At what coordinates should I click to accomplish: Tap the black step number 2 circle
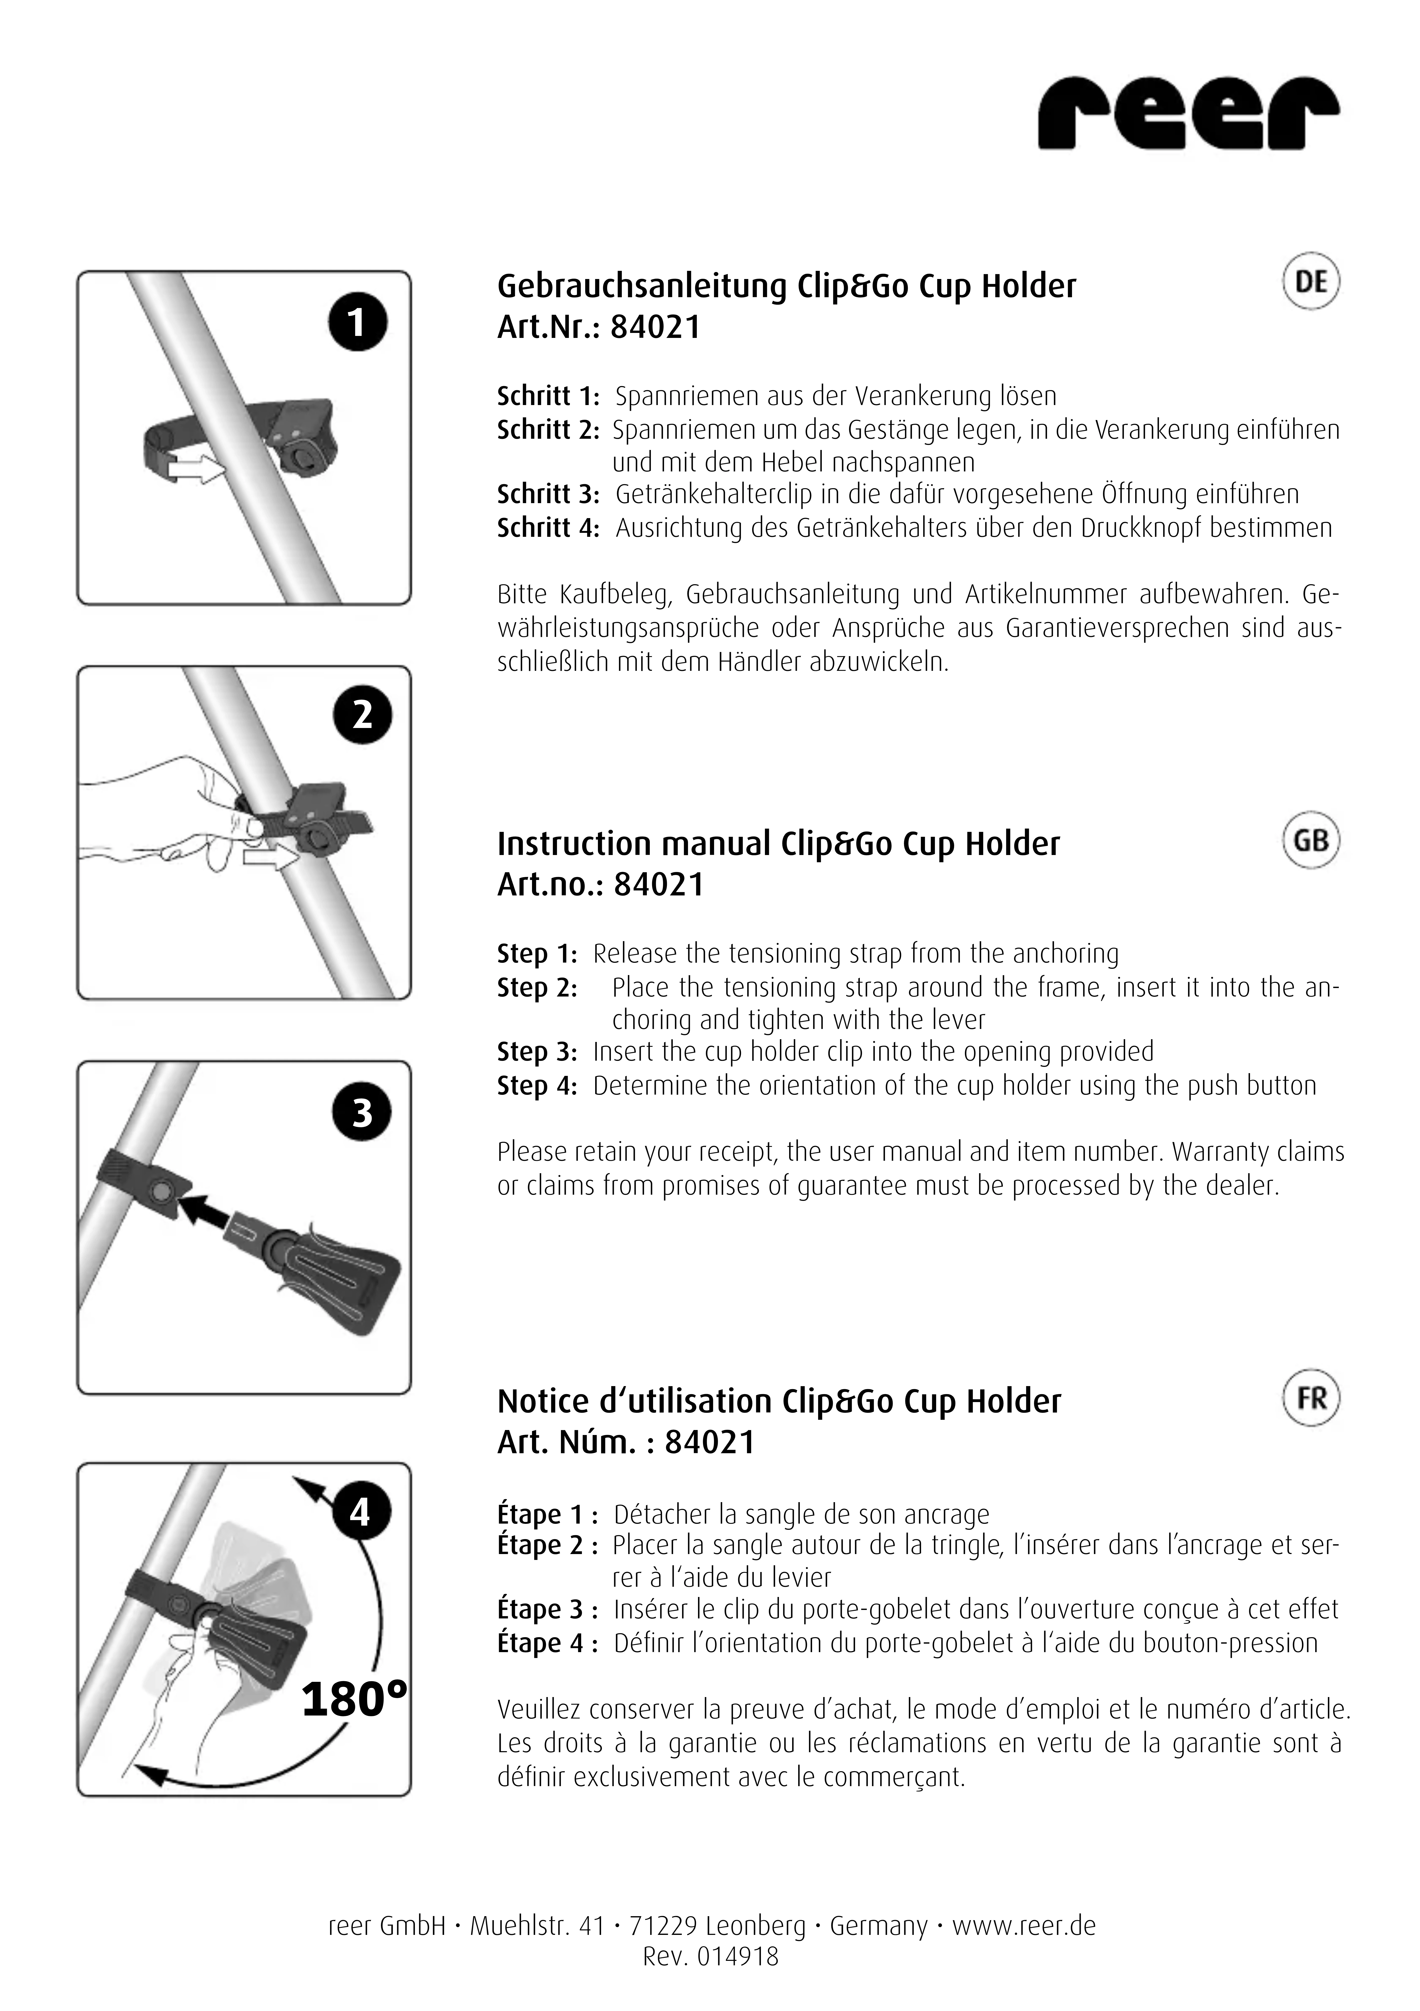(362, 715)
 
